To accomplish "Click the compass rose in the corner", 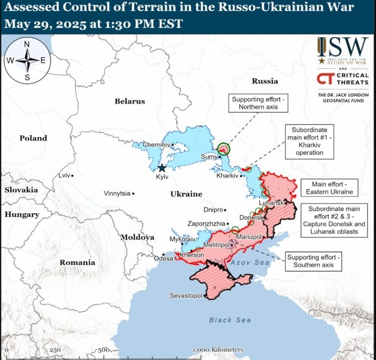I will tap(27, 61).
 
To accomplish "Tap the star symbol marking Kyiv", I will tap(162, 168).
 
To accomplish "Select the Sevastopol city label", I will tap(186, 296).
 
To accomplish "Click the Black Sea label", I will tap(230, 320).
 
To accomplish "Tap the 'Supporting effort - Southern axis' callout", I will tap(313, 261).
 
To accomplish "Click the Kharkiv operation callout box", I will tap(310, 141).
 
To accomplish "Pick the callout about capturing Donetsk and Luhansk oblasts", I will tap(337, 220).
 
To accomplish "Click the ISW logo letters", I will tap(343, 47).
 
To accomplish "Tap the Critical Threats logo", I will tap(342, 79).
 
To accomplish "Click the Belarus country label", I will tap(130, 101).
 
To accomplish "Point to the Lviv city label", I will tap(64, 175).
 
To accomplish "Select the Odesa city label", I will tap(164, 258).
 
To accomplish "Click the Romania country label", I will tap(77, 263).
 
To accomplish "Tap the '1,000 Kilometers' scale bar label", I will tap(218, 350).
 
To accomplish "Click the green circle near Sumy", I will tap(224, 149).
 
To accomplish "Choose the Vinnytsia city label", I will tap(117, 193).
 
